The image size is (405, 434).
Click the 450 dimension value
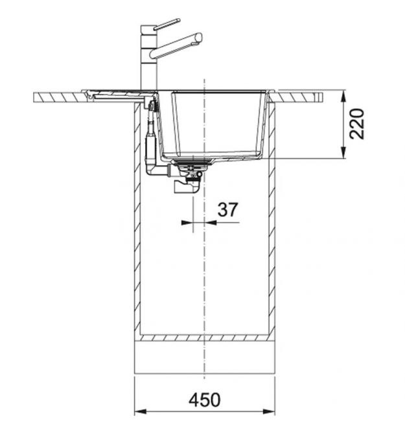pyautogui.click(x=204, y=400)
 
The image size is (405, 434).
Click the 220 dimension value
pyautogui.click(x=356, y=124)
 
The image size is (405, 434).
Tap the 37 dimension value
pyautogui.click(x=227, y=209)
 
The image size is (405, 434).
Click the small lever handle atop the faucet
pyautogui.click(x=167, y=24)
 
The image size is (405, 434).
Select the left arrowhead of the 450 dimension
pyautogui.click(x=140, y=411)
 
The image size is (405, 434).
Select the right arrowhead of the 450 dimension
pyautogui.click(x=269, y=411)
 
